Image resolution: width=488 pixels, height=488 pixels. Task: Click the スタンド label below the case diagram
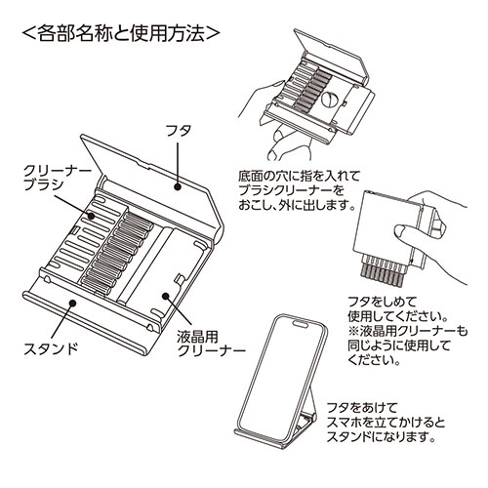tap(49, 346)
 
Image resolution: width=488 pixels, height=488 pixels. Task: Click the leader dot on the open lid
tap(177, 184)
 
